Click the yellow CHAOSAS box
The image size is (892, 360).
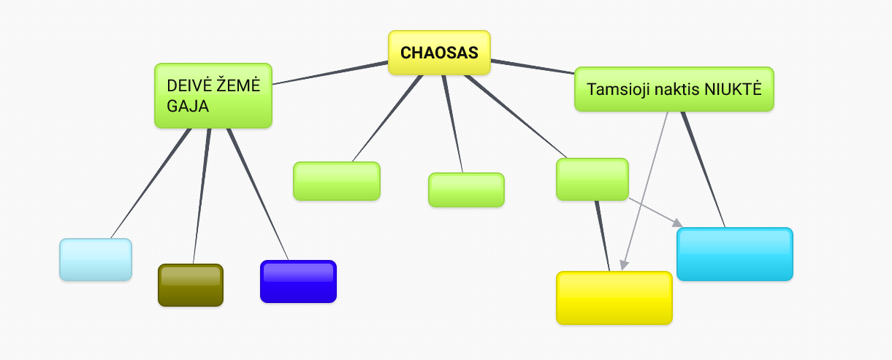tap(439, 53)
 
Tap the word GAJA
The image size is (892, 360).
tap(188, 106)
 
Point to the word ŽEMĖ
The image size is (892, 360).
tap(238, 85)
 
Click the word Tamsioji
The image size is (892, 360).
tap(614, 90)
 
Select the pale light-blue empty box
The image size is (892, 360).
tap(96, 259)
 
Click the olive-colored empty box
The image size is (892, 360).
tap(191, 285)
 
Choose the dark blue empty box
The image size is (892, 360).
tap(298, 281)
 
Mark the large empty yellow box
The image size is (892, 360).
tap(614, 298)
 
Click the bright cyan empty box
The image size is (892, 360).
tap(734, 254)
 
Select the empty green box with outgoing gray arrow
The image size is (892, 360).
tap(592, 179)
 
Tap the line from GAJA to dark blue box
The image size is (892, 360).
tap(257, 194)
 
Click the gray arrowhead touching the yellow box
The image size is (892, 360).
tap(623, 265)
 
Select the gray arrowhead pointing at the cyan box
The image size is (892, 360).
tap(677, 222)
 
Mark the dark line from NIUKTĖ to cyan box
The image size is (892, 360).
tap(704, 169)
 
